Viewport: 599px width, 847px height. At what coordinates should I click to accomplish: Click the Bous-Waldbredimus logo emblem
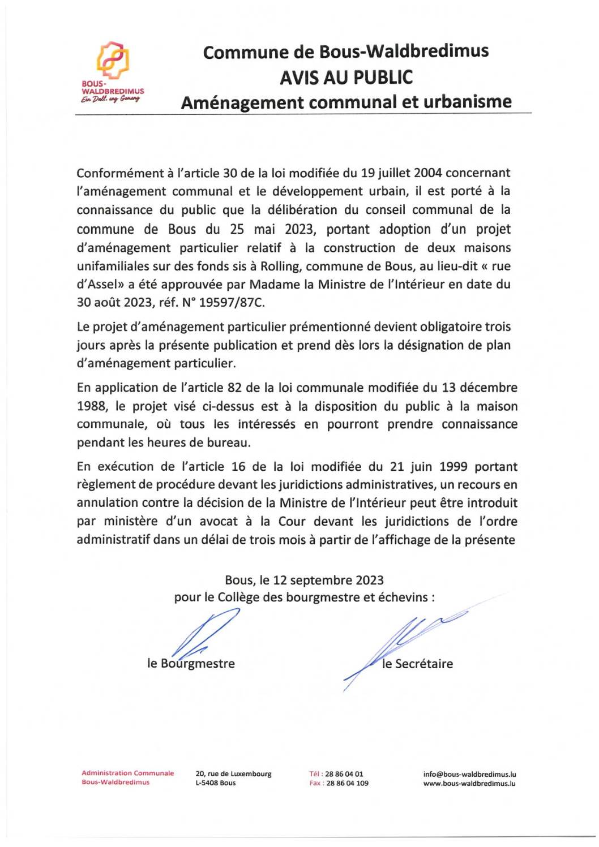click(x=113, y=61)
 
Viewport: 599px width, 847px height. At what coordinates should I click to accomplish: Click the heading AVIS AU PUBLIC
click(x=346, y=78)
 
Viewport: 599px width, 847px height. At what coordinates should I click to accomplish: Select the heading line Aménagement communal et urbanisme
click(x=346, y=102)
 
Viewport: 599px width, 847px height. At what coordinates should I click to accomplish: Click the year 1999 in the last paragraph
click(x=452, y=467)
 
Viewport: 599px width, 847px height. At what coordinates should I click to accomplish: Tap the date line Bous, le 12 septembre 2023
click(x=304, y=580)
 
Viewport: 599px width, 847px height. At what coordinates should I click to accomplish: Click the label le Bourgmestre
click(x=191, y=664)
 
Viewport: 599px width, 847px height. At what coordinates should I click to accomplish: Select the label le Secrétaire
click(x=417, y=664)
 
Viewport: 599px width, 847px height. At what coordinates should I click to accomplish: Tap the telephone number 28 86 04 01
click(x=344, y=774)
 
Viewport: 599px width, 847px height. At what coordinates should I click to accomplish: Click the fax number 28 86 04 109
click(x=347, y=783)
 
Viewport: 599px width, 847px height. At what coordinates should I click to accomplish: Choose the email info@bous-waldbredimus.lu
click(x=469, y=774)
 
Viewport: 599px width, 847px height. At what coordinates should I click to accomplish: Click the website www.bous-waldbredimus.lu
click(x=469, y=784)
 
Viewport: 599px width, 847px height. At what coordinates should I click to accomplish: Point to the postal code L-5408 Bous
click(x=216, y=783)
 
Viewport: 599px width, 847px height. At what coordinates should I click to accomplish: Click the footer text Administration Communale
click(x=127, y=773)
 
